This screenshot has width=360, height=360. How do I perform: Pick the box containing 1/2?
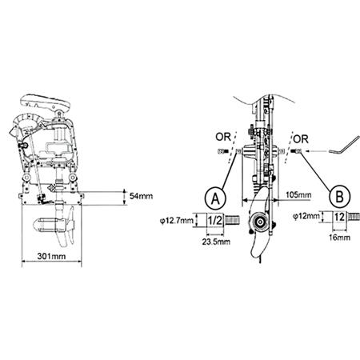(x=215, y=218)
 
